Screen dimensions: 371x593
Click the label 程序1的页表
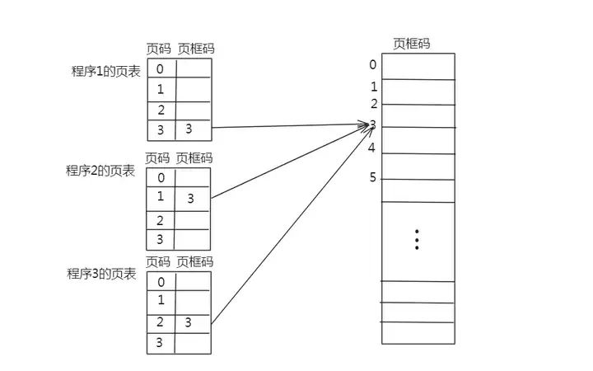click(105, 71)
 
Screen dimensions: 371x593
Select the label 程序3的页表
click(100, 272)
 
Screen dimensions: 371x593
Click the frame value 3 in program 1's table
click(189, 129)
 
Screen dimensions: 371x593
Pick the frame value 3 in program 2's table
click(190, 199)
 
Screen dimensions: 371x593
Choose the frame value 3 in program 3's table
click(189, 322)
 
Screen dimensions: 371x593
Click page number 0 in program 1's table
click(160, 69)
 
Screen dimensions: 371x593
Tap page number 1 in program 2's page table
click(160, 196)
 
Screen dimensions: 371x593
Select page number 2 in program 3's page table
click(160, 321)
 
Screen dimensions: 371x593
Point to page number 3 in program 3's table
click(160, 342)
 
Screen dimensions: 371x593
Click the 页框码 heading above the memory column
click(411, 44)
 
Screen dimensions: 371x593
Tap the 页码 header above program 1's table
click(158, 49)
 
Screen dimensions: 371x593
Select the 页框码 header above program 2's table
click(194, 157)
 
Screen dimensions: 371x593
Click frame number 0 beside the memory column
click(373, 64)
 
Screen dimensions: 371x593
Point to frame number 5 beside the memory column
click(373, 177)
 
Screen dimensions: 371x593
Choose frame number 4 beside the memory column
click(372, 148)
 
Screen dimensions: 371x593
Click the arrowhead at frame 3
click(365, 125)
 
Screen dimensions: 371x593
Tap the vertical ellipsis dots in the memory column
click(418, 239)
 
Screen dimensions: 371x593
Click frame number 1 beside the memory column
click(373, 87)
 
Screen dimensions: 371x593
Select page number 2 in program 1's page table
click(160, 110)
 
